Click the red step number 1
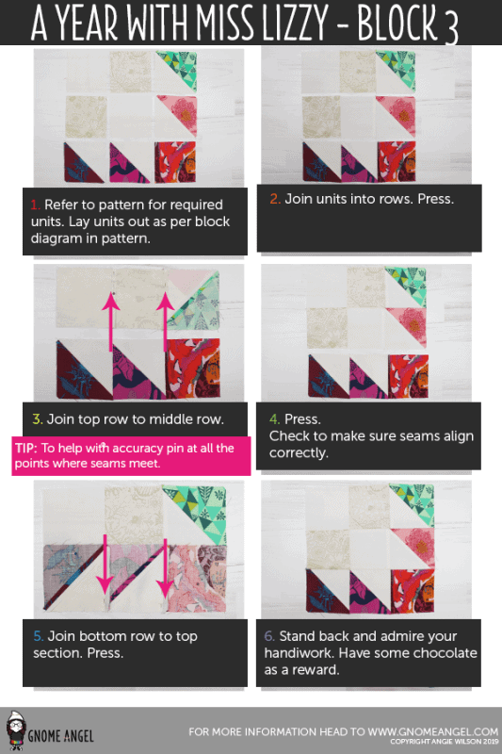coord(35,205)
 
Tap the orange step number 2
coord(275,199)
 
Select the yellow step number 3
coord(38,419)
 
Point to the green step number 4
coord(274,419)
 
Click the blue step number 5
coord(39,636)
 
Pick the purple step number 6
coord(269,636)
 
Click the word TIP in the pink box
coord(25,449)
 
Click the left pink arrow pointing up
coord(111,321)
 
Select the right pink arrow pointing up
coord(165,321)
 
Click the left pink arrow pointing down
coord(105,565)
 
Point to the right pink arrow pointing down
coord(165,567)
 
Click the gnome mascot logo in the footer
coord(16,731)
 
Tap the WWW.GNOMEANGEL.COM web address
coord(433,732)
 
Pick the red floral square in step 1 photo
coord(175,162)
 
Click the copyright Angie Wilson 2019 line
coord(445,742)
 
